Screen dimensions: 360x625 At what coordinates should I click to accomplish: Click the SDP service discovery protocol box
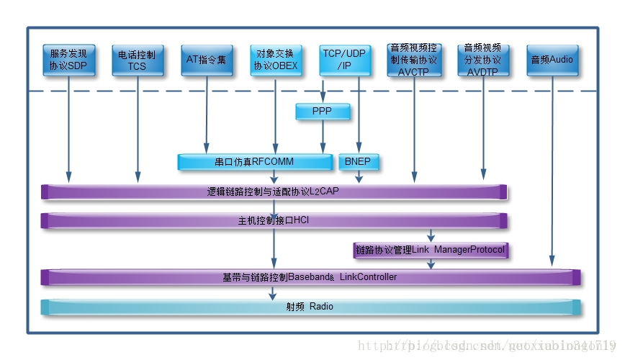(x=68, y=60)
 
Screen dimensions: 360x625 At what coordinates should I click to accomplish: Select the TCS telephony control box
(x=137, y=60)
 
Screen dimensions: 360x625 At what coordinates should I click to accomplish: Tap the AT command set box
(x=206, y=60)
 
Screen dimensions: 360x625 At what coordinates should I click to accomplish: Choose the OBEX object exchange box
(x=275, y=60)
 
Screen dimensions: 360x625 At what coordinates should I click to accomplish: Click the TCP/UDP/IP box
(x=344, y=60)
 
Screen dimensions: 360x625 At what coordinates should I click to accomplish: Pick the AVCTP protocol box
(x=413, y=60)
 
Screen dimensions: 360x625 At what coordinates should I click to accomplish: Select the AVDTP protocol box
(x=482, y=60)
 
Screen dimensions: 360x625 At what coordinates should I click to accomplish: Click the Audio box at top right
(x=552, y=60)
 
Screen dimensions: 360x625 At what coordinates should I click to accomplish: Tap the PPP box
(x=323, y=112)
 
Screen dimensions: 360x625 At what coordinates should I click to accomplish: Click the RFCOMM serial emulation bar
(x=255, y=161)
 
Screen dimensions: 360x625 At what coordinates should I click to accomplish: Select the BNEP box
(x=358, y=161)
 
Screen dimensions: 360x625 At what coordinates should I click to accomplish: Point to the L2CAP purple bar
(x=274, y=192)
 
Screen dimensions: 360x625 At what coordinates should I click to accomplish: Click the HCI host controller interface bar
(x=274, y=220)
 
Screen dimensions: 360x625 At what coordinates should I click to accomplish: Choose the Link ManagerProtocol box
(x=430, y=250)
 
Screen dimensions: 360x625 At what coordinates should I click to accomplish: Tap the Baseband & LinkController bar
(x=310, y=277)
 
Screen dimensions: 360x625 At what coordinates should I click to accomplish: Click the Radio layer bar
(x=310, y=307)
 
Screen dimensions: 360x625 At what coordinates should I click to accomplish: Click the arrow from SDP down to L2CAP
(x=68, y=130)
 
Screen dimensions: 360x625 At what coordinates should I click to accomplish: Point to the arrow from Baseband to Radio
(x=273, y=292)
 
